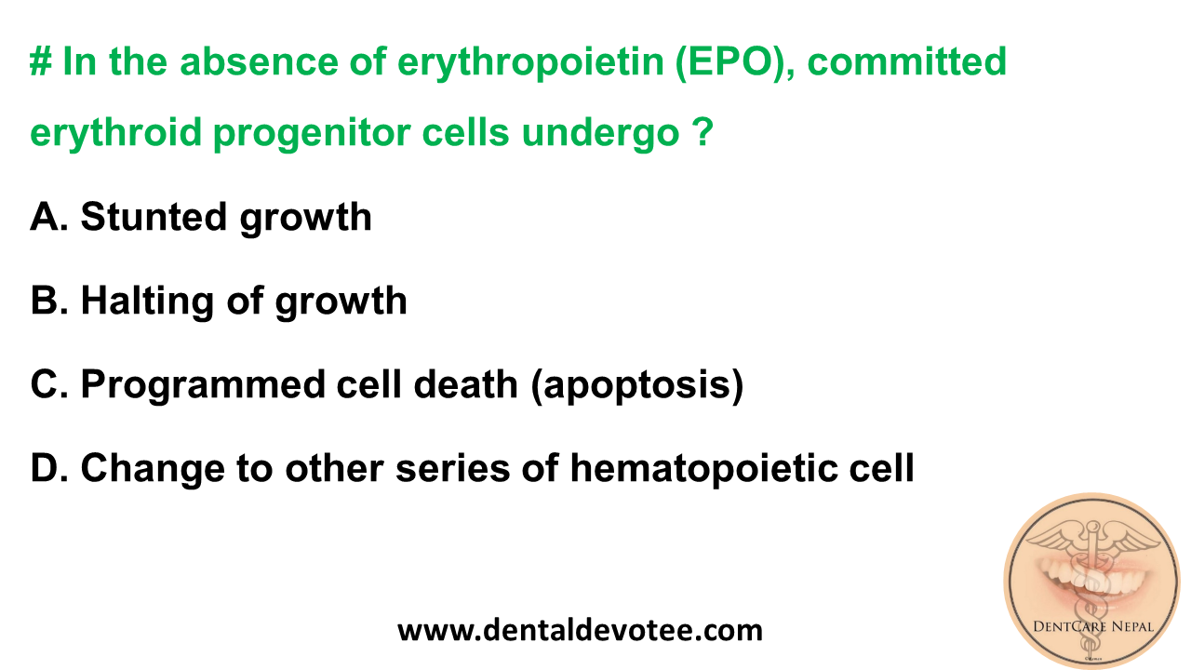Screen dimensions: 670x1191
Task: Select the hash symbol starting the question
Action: pyautogui.click(x=39, y=62)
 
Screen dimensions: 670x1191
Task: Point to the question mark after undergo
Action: pyautogui.click(x=703, y=134)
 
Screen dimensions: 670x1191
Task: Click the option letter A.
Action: pyautogui.click(x=46, y=217)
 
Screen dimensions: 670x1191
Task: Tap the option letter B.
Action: pyautogui.click(x=46, y=301)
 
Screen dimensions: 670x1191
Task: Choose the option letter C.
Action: pyautogui.click(x=46, y=384)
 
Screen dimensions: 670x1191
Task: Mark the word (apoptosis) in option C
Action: pyautogui.click(x=637, y=384)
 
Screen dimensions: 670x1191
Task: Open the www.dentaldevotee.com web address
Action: pyautogui.click(x=580, y=630)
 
